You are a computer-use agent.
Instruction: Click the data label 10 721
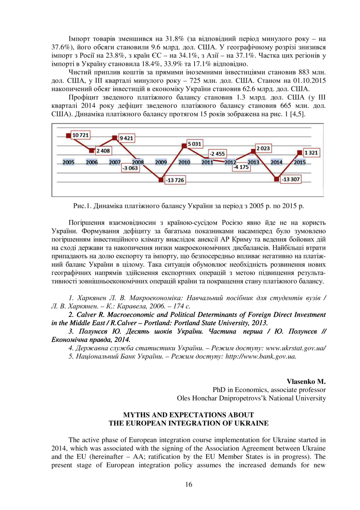pyautogui.click(x=81, y=135)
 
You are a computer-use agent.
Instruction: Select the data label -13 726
pyautogui.click(x=175, y=181)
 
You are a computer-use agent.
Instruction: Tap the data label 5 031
pyautogui.click(x=194, y=144)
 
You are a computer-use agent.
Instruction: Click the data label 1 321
pyautogui.click(x=312, y=153)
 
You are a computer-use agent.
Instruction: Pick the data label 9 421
pyautogui.click(x=127, y=138)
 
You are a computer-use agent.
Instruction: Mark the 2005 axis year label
pyautogui.click(x=69, y=162)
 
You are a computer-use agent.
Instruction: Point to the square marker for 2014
pyautogui.click(x=277, y=179)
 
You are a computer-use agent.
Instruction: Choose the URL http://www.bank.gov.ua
pyautogui.click(x=261, y=356)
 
